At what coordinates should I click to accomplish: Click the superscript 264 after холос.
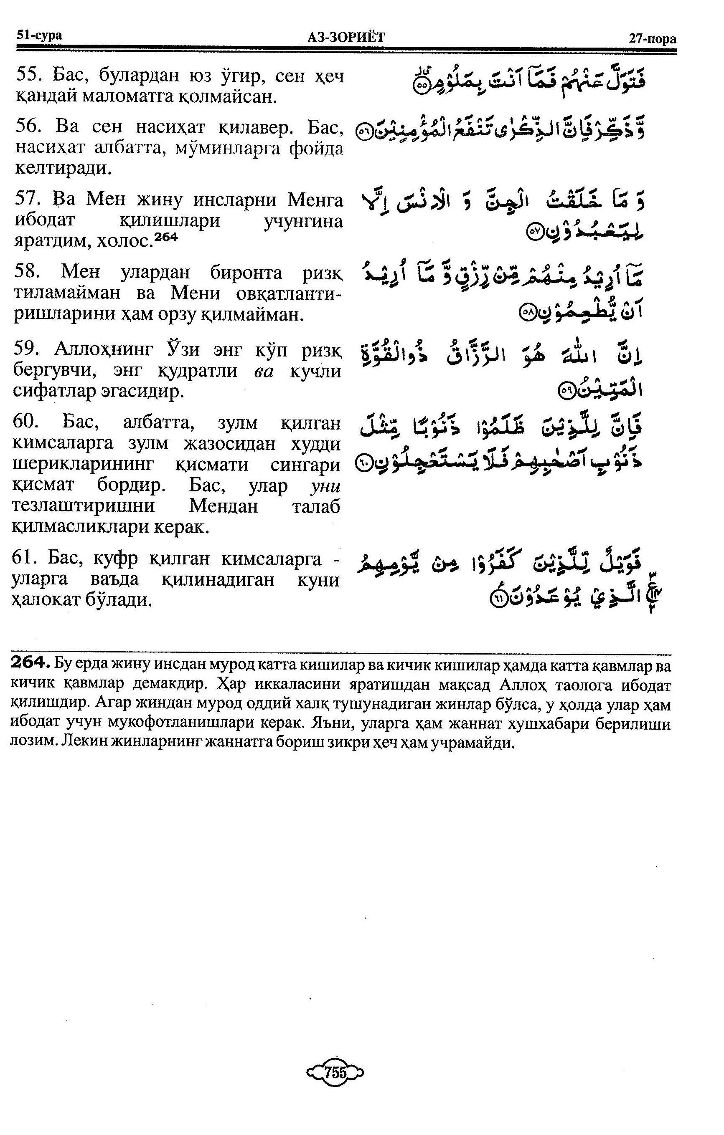point(166,237)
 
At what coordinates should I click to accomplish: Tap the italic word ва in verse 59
point(263,372)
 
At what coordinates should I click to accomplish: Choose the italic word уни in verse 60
point(325,485)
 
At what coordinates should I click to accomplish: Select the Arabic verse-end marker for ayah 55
point(421,86)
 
